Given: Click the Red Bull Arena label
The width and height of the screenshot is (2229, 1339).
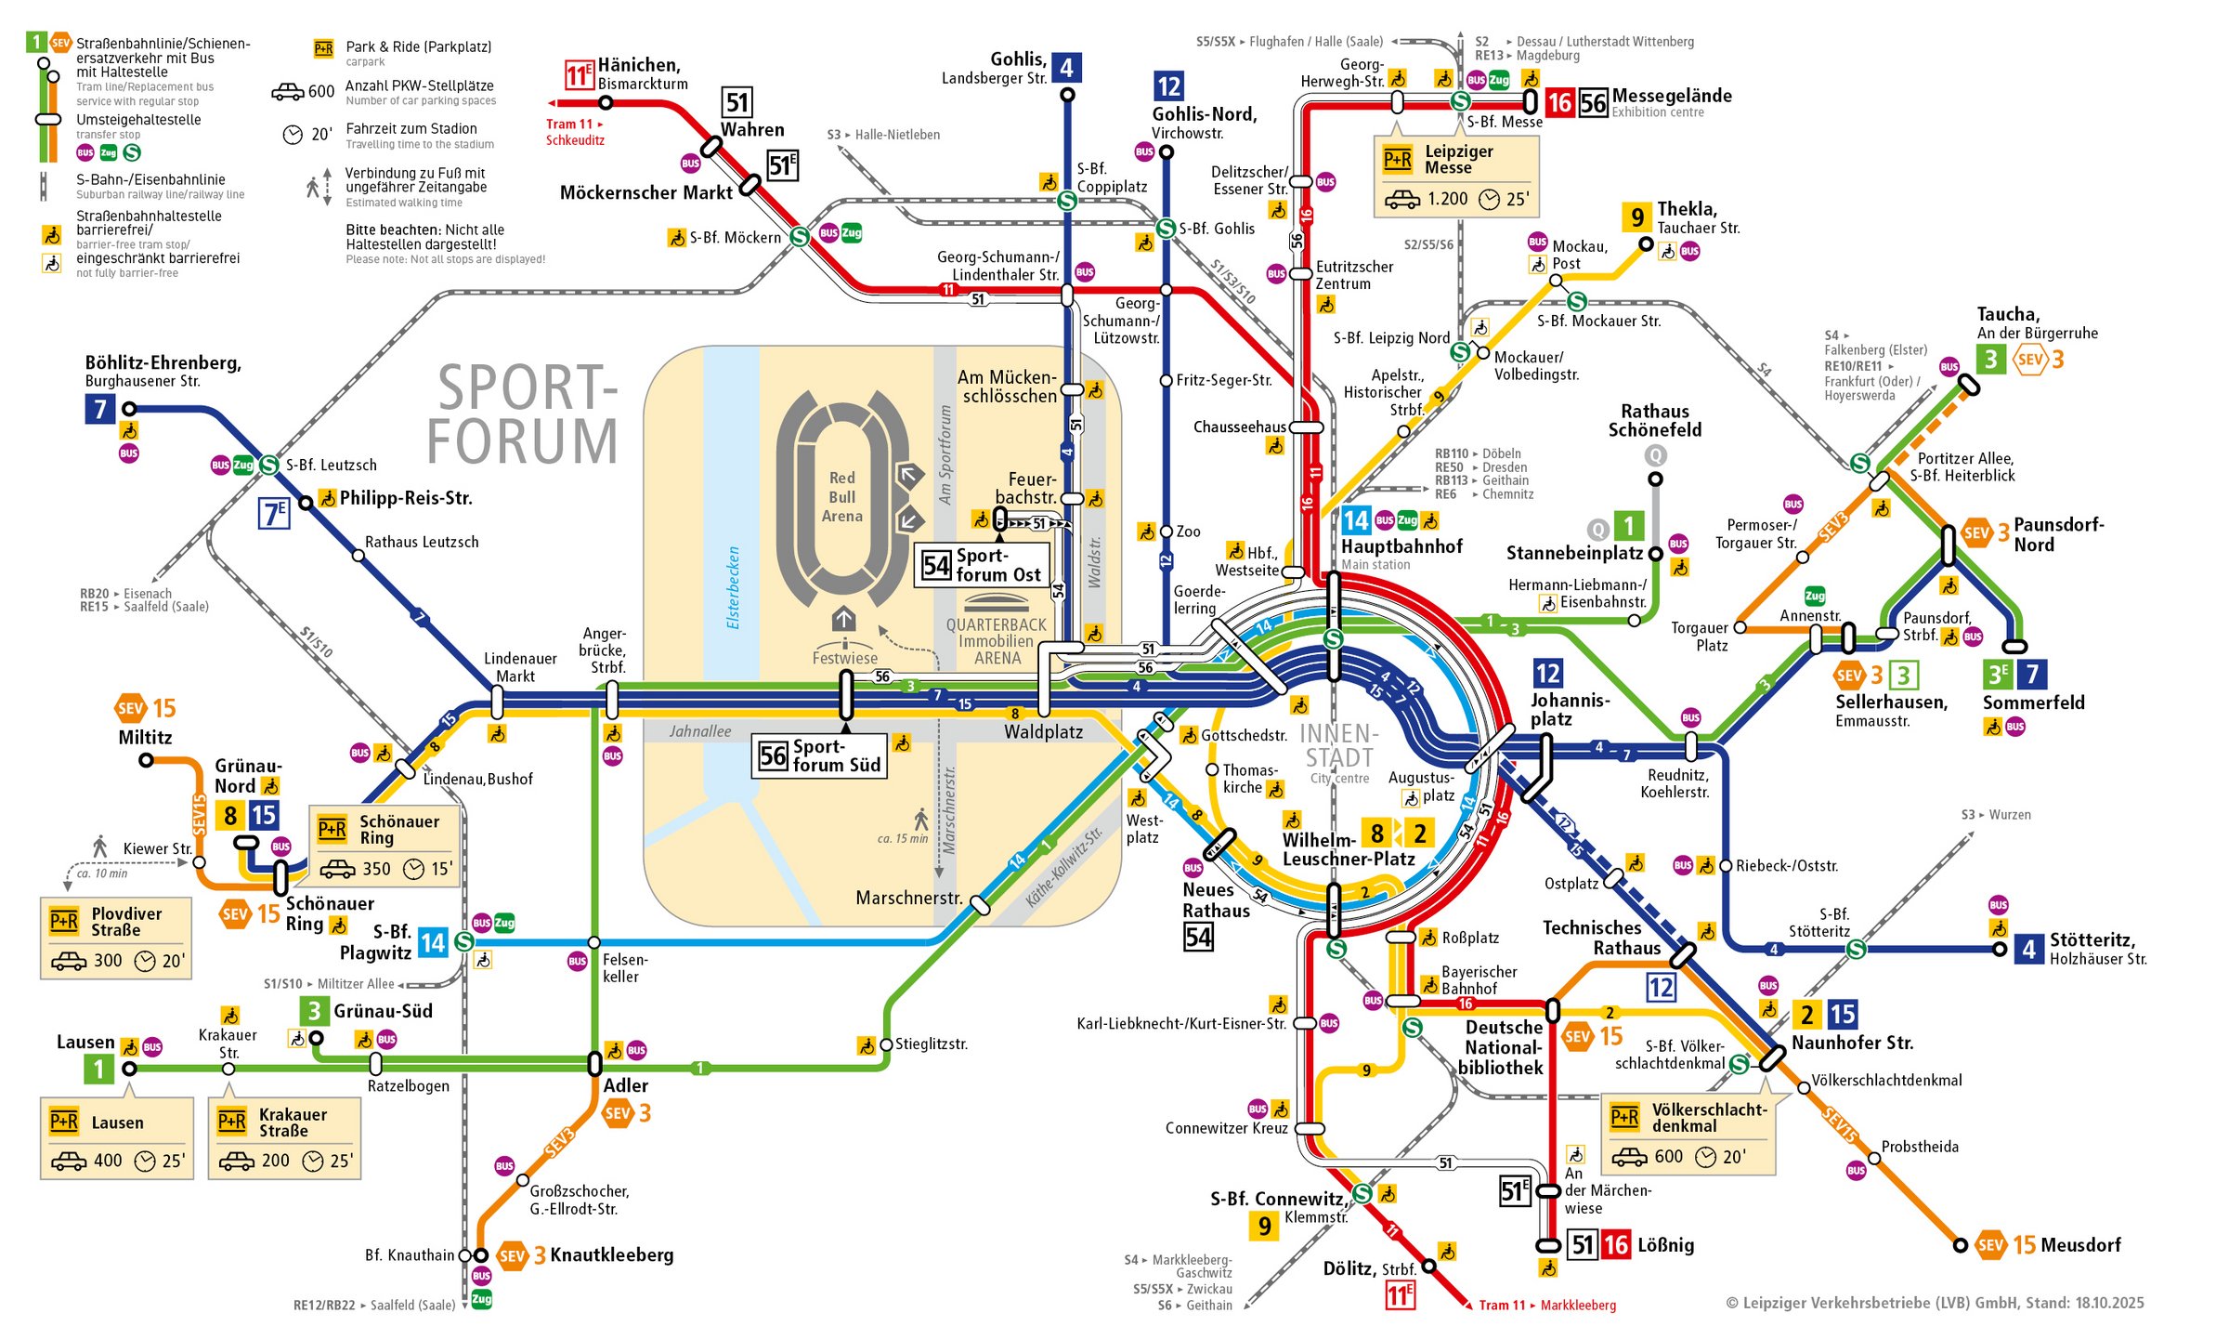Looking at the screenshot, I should click(x=841, y=497).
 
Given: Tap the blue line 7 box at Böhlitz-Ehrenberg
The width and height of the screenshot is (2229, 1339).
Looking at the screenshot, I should click(x=100, y=409).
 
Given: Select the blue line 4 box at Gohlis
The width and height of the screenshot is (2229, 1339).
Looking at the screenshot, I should click(x=1066, y=68).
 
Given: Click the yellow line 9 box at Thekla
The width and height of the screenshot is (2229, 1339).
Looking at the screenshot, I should click(x=1636, y=217).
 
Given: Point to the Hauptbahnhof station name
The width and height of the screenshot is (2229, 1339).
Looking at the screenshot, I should click(x=1401, y=546).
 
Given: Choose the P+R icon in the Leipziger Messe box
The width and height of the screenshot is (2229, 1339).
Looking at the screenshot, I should click(x=1398, y=160).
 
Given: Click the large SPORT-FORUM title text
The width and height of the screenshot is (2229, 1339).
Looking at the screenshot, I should click(x=524, y=414).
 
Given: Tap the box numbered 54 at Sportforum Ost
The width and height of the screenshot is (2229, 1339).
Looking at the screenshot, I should click(x=935, y=565).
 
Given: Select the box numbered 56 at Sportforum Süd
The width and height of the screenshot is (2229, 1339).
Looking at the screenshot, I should click(x=773, y=756).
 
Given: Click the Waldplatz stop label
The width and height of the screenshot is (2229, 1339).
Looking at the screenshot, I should click(x=1043, y=732).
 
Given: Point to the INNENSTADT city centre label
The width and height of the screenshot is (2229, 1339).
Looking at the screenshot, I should click(x=1338, y=747).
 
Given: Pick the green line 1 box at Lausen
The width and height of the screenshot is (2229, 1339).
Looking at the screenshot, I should click(x=99, y=1069).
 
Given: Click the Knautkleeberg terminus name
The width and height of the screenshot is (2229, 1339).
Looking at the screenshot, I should click(x=611, y=1255).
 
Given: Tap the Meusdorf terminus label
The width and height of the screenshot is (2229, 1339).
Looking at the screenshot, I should click(x=2080, y=1245).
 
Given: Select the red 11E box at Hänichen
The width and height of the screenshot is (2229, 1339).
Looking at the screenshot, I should click(x=579, y=74).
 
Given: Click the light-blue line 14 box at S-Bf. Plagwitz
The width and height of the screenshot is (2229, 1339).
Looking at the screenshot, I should click(x=433, y=943).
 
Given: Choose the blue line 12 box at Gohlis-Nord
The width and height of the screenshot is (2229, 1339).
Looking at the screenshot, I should click(x=1168, y=86).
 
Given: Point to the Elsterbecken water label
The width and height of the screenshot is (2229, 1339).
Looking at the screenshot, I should click(x=734, y=587).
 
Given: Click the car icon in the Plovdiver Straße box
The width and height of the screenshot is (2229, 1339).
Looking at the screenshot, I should click(x=69, y=961).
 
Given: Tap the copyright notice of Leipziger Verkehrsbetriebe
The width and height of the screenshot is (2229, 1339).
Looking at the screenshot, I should click(x=1935, y=1303).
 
